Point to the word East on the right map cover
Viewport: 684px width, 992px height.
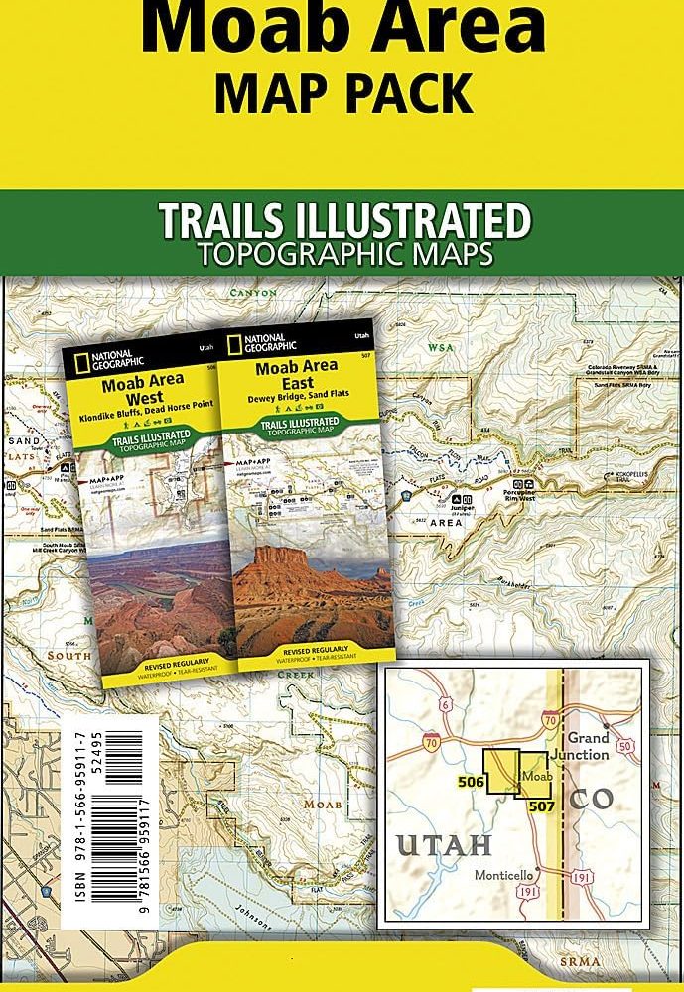(x=297, y=383)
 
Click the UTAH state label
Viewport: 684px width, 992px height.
(x=445, y=845)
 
